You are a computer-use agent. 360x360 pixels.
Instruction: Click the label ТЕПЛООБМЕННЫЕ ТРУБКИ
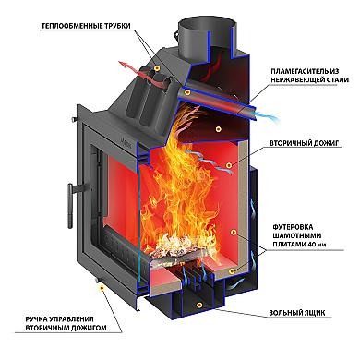(x=86, y=26)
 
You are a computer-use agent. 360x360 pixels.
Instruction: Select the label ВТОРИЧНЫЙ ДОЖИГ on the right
(x=304, y=143)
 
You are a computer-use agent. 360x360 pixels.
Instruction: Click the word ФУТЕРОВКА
(x=293, y=227)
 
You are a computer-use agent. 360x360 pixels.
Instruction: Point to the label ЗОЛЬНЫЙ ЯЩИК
(x=297, y=313)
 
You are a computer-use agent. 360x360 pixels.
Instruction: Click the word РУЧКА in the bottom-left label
(x=37, y=319)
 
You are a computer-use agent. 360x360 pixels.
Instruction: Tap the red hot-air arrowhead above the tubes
(x=123, y=65)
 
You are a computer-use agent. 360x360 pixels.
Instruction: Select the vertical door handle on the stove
(x=71, y=206)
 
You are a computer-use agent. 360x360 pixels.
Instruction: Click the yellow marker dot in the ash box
(x=200, y=305)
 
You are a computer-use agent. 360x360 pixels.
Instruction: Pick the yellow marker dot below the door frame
(x=102, y=288)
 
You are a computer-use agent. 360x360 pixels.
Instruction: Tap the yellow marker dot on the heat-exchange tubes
(x=157, y=67)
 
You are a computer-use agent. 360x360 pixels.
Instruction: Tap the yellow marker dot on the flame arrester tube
(x=187, y=92)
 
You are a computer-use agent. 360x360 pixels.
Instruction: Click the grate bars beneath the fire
(x=193, y=274)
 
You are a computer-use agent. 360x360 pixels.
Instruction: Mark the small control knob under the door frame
(x=99, y=280)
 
